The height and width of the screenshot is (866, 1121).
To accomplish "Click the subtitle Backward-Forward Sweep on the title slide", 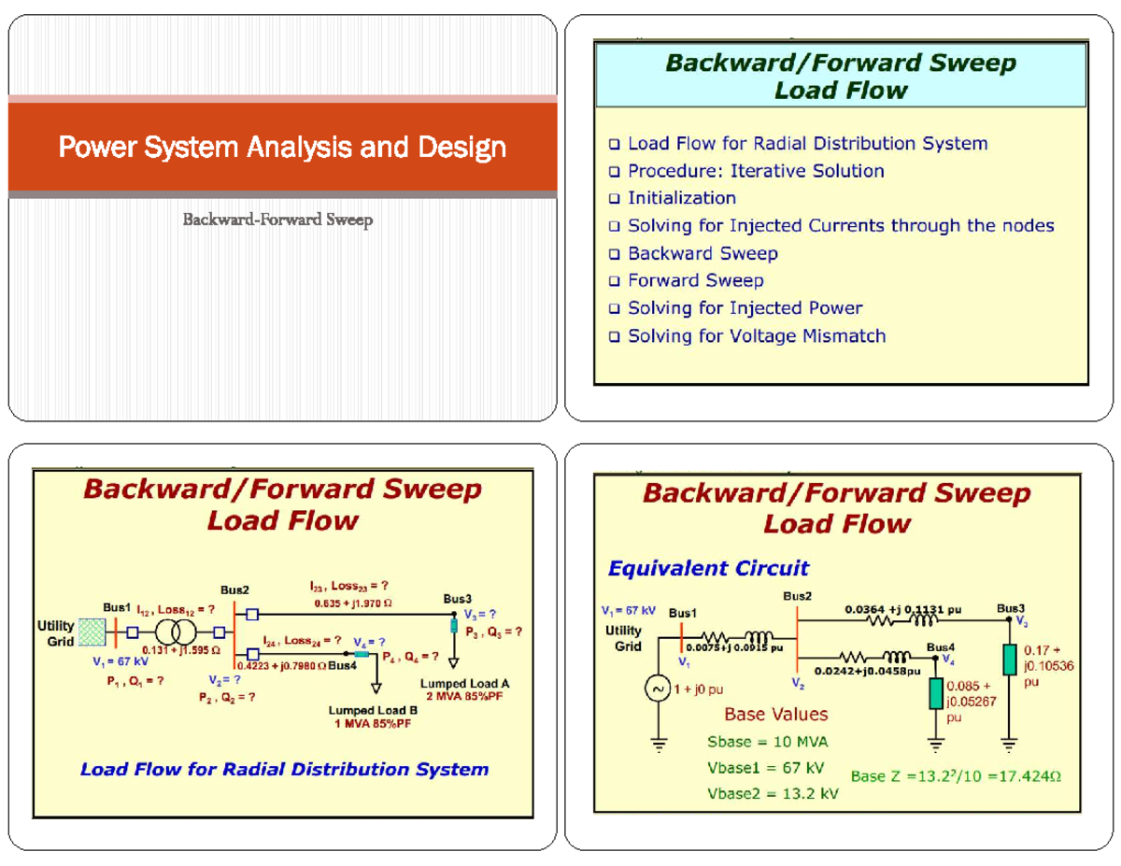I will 277,220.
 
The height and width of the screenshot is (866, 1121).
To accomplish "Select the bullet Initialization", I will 681,198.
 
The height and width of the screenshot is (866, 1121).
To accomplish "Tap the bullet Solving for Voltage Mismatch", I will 756,335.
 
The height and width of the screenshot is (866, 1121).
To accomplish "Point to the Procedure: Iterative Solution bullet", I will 755,171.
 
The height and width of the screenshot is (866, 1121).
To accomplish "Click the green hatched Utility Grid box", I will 92,632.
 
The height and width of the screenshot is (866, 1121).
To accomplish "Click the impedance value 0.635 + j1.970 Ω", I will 353,603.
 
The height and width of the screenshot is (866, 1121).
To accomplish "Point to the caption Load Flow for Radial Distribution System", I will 284,770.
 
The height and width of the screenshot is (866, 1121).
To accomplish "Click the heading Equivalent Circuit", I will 708,568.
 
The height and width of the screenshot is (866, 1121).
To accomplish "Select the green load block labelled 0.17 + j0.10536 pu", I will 1008,659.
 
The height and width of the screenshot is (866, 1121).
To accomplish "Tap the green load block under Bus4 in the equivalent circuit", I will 936,693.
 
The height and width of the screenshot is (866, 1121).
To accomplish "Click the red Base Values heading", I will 775,715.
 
